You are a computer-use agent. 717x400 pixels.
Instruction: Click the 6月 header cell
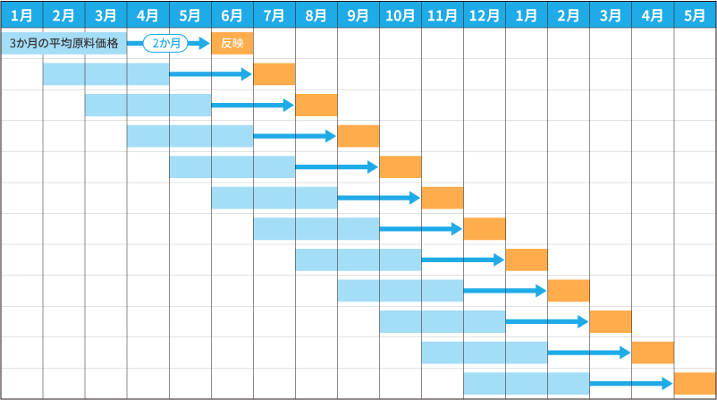[232, 15]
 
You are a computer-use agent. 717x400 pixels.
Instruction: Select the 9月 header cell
[358, 15]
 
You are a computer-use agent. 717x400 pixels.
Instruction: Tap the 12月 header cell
[485, 15]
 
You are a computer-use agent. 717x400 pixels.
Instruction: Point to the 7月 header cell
[274, 15]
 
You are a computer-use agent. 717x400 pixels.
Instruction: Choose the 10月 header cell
[401, 15]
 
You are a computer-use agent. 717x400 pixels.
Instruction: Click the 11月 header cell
[443, 15]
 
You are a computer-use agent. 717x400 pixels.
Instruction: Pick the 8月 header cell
[316, 15]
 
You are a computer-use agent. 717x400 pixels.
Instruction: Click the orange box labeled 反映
[232, 44]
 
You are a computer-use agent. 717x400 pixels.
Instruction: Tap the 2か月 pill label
[166, 44]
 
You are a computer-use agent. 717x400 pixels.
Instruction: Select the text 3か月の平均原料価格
[64, 44]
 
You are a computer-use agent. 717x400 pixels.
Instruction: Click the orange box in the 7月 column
[274, 74]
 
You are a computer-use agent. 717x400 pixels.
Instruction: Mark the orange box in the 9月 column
[358, 136]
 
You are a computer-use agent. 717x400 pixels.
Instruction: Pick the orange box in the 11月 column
[443, 198]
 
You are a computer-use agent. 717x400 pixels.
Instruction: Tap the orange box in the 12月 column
[485, 229]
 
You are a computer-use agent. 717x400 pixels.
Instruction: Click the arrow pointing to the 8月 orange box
[252, 106]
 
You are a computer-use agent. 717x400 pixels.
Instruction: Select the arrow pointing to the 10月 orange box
[336, 167]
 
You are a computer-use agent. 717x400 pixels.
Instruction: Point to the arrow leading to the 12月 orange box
[421, 229]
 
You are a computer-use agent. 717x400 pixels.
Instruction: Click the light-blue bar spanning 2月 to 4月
[106, 74]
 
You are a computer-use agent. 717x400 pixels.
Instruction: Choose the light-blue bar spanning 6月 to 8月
[274, 198]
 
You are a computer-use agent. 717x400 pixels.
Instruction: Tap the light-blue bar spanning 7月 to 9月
[316, 229]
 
